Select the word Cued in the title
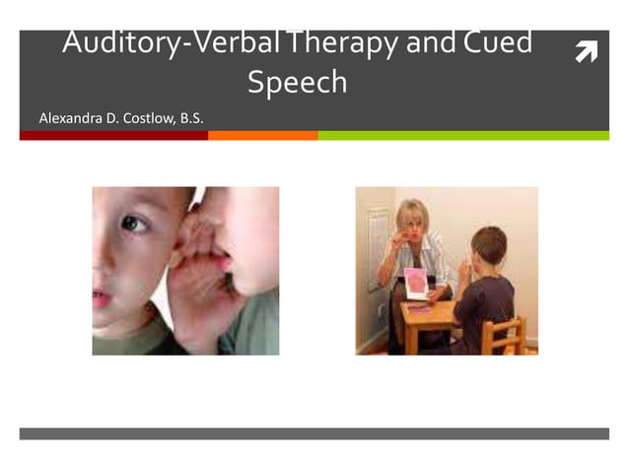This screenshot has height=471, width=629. (494, 43)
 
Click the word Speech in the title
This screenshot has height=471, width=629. (297, 82)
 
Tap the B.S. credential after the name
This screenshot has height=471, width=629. (189, 119)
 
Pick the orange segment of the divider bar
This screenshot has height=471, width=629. (262, 136)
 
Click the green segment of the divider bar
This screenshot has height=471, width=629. (462, 136)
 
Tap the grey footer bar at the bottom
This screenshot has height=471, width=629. (314, 434)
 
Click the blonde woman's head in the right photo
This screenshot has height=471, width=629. (411, 218)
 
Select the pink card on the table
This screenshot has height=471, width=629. (417, 284)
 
